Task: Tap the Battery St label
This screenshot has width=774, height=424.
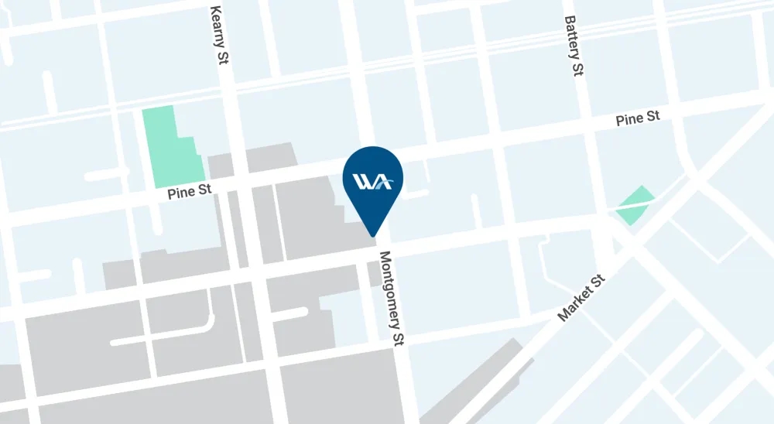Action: [x=574, y=46]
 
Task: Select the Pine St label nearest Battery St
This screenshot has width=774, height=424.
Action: [x=638, y=119]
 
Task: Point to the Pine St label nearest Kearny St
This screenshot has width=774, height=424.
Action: [x=189, y=192]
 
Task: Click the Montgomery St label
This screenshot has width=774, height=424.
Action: [x=391, y=298]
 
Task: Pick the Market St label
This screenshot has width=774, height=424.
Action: [x=582, y=297]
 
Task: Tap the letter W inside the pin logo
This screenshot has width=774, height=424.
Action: [x=363, y=182]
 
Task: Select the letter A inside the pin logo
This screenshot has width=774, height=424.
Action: [x=382, y=183]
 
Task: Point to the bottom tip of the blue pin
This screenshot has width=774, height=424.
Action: [x=373, y=235]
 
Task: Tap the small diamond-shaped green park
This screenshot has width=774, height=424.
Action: [x=635, y=204]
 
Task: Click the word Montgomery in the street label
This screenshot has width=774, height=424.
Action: [x=389, y=286]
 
